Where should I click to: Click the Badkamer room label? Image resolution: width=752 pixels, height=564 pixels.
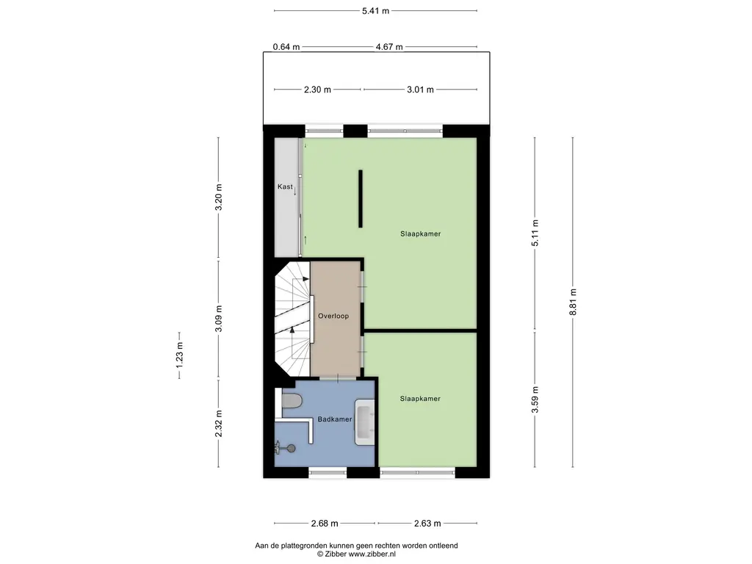click(x=335, y=419)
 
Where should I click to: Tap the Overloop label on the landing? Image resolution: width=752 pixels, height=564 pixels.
click(x=333, y=316)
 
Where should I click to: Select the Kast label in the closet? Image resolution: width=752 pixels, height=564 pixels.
click(x=285, y=187)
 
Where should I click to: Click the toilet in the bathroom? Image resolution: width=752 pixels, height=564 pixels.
click(x=291, y=400)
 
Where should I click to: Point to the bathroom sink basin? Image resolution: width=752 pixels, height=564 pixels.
click(x=364, y=422)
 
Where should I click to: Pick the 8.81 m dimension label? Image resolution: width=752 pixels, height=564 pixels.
click(x=573, y=302)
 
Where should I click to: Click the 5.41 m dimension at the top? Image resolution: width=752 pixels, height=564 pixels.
click(x=375, y=10)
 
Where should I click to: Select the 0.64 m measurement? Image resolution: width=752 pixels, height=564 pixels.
click(x=286, y=47)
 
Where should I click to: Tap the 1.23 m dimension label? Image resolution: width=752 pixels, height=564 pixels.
click(x=179, y=355)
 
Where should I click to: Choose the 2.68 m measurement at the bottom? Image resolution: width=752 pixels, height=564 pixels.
click(x=325, y=523)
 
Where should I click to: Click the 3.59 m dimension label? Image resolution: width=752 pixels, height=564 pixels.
click(x=535, y=399)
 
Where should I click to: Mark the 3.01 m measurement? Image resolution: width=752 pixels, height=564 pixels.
click(x=420, y=90)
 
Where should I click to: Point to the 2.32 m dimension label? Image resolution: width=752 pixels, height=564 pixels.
click(x=219, y=424)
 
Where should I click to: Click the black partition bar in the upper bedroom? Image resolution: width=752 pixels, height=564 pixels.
click(x=361, y=198)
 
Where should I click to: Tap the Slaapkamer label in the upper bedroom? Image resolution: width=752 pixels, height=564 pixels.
click(x=421, y=234)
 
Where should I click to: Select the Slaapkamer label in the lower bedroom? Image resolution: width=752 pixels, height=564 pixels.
click(x=420, y=399)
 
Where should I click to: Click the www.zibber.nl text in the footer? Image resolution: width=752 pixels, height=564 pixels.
click(x=372, y=554)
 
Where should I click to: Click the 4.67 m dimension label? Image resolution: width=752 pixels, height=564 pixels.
click(x=389, y=47)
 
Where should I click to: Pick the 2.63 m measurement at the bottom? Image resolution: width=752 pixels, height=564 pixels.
click(x=427, y=523)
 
